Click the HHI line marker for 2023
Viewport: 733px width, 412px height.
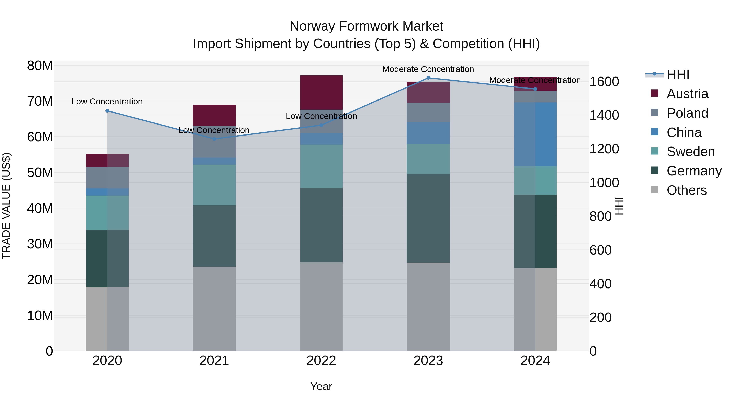[428, 78]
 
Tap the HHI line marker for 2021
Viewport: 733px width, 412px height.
[214, 139]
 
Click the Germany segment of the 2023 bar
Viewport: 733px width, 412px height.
[428, 218]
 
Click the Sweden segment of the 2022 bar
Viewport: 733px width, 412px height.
[321, 166]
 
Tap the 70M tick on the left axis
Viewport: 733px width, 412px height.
[40, 101]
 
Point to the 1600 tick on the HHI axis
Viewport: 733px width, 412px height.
[604, 82]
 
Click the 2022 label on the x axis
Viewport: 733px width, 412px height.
[321, 361]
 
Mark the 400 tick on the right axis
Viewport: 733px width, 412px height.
[600, 284]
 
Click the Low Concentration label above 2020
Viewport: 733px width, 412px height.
[107, 102]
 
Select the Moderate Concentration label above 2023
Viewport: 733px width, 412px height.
[428, 69]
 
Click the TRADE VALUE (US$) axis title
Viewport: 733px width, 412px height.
[6, 206]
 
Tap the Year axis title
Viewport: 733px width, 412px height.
[321, 386]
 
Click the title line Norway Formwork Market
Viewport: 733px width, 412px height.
[366, 26]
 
